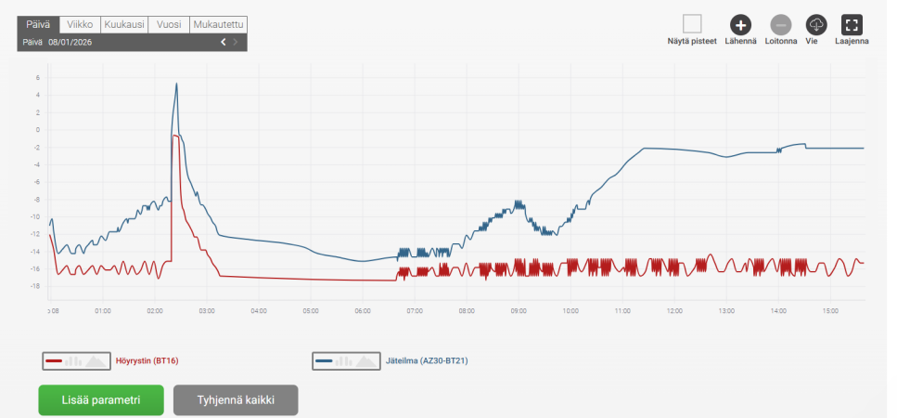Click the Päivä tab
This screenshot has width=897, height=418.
(x=38, y=25)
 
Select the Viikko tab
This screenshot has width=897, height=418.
(x=82, y=25)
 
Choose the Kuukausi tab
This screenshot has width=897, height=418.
(x=124, y=25)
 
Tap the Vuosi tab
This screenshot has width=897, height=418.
(x=168, y=25)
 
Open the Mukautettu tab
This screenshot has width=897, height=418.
(x=218, y=25)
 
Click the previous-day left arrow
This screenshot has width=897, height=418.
(x=223, y=42)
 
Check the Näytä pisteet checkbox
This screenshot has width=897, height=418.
(x=692, y=24)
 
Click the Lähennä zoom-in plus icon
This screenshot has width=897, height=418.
(x=740, y=25)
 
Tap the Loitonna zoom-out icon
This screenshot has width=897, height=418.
(x=780, y=25)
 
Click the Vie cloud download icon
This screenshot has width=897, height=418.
(x=816, y=25)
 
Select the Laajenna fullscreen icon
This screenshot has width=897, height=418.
(x=852, y=25)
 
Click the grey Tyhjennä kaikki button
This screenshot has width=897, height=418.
(x=236, y=400)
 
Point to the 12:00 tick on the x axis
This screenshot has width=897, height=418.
(x=673, y=310)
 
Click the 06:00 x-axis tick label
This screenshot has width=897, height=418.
(x=362, y=310)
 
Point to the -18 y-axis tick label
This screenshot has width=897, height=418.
(x=37, y=286)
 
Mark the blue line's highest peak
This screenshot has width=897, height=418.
(x=176, y=84)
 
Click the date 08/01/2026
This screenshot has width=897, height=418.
(x=70, y=42)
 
